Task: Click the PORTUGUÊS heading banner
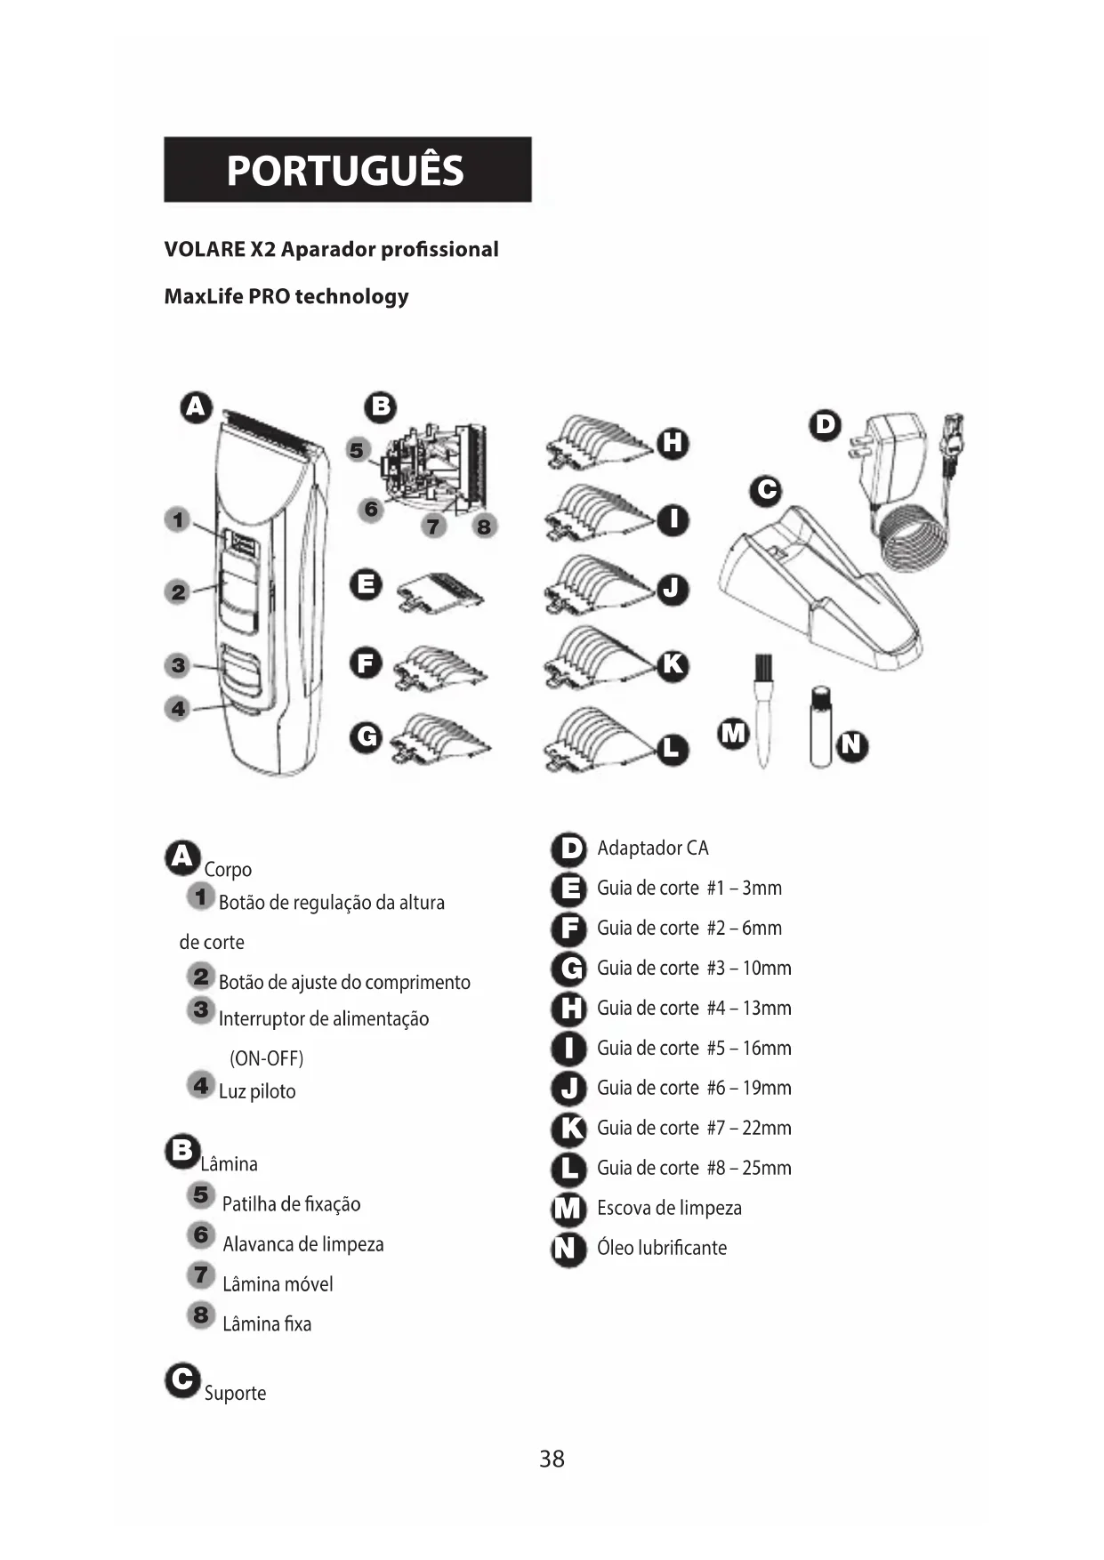[x=348, y=169]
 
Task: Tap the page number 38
[x=552, y=1459]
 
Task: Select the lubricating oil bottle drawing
[x=820, y=726]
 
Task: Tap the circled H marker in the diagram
[x=673, y=442]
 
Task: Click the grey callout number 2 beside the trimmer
[x=179, y=591]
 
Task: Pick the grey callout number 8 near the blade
[x=483, y=527]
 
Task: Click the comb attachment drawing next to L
[x=600, y=738]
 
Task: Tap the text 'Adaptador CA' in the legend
[x=653, y=848]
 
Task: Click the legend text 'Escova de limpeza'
[x=669, y=1208]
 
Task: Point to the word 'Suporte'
[x=235, y=1393]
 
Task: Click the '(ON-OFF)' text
[x=267, y=1058]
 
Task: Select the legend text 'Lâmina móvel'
[x=278, y=1284]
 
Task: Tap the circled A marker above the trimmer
[x=196, y=407]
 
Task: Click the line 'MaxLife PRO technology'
[x=286, y=296]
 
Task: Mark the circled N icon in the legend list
[x=568, y=1249]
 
